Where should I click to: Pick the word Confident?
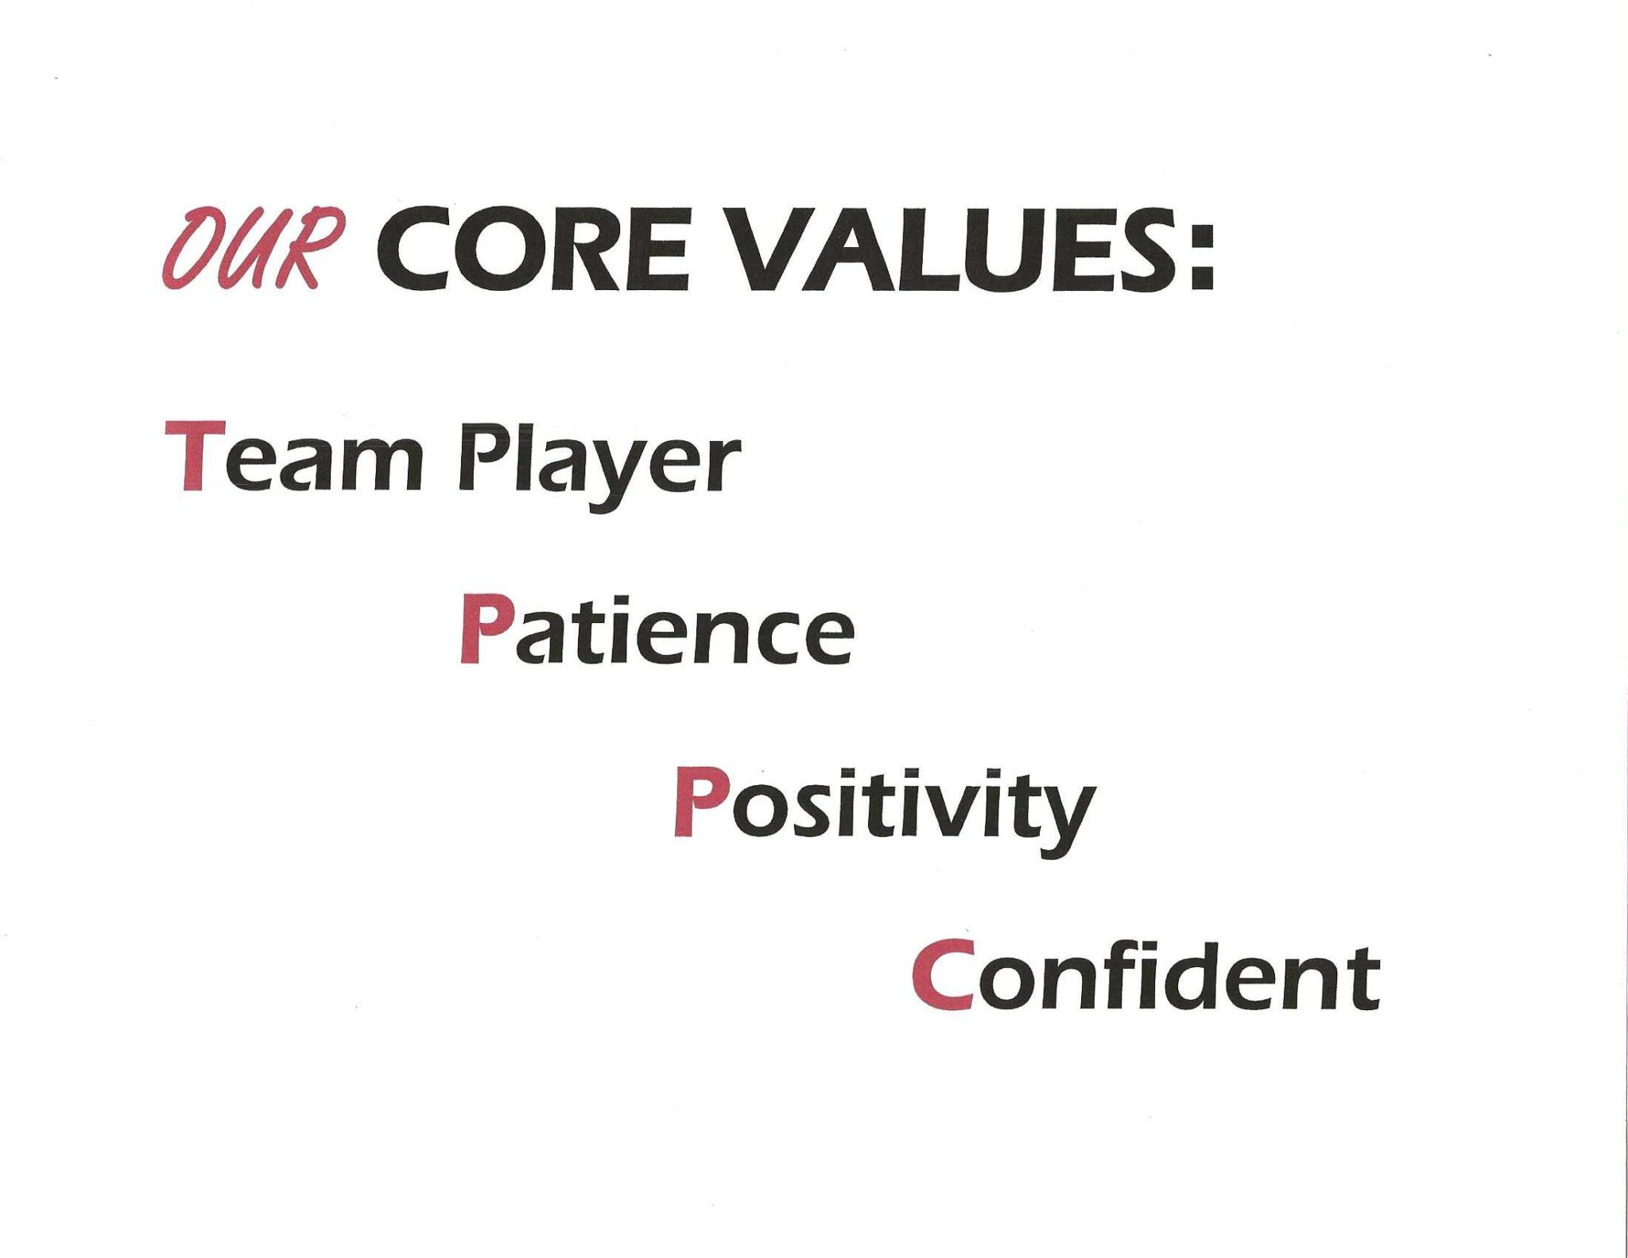[x=1145, y=974]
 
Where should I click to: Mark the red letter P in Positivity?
[x=697, y=802]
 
